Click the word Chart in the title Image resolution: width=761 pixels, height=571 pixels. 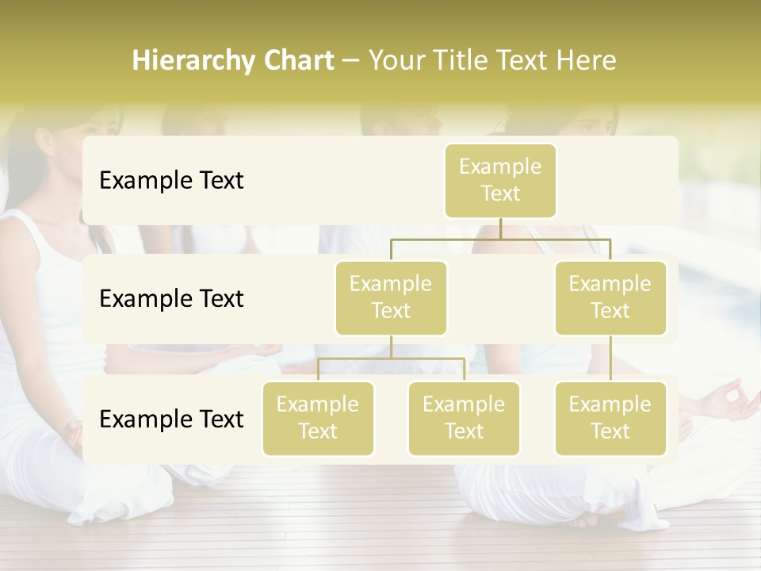pyautogui.click(x=299, y=61)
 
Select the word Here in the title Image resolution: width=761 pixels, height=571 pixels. pyautogui.click(x=587, y=61)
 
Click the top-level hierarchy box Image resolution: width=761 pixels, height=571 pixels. pyautogui.click(x=500, y=180)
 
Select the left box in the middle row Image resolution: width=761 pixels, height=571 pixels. pyautogui.click(x=391, y=297)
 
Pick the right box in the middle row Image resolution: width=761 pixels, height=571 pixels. pyautogui.click(x=610, y=297)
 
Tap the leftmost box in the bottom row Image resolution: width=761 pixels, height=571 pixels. pyautogui.click(x=318, y=418)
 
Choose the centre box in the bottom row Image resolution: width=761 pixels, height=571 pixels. pyautogui.click(x=464, y=418)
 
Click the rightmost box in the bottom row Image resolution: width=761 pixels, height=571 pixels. pyautogui.click(x=610, y=418)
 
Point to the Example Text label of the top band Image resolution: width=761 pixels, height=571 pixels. pyautogui.click(x=171, y=181)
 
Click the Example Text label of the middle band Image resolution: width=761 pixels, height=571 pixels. pyautogui.click(x=171, y=299)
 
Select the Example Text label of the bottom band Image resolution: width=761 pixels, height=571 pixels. pyautogui.click(x=171, y=419)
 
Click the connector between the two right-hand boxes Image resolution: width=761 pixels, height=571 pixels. pyautogui.click(x=610, y=358)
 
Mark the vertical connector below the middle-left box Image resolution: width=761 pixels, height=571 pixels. pyautogui.click(x=391, y=347)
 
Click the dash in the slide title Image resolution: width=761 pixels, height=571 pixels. pyautogui.click(x=351, y=61)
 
